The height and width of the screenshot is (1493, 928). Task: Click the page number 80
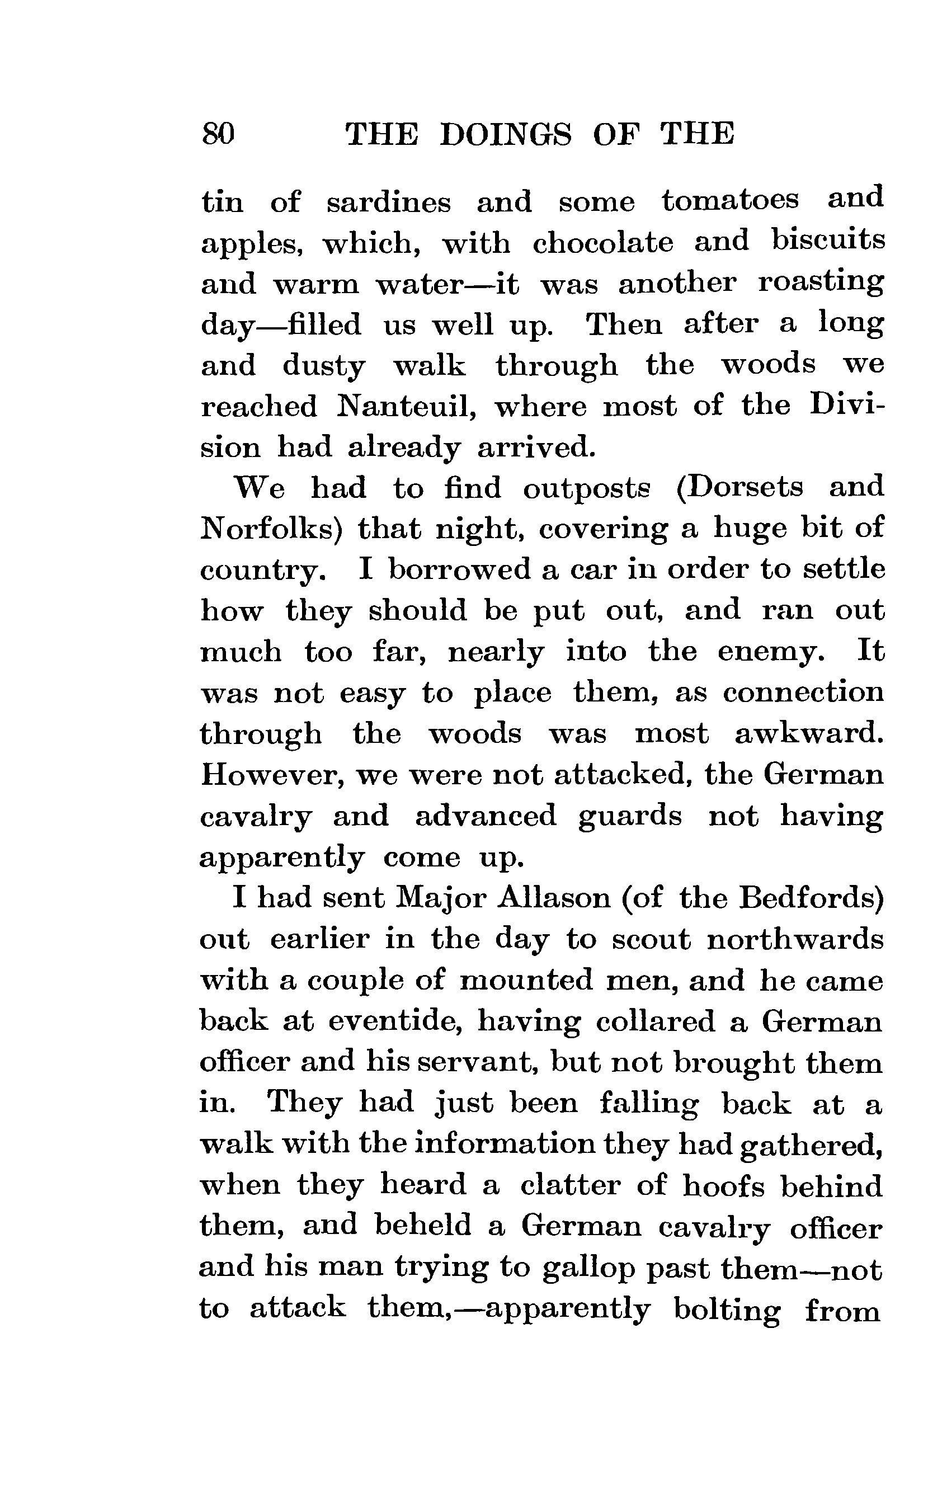click(218, 134)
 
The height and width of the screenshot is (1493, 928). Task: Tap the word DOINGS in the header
click(506, 134)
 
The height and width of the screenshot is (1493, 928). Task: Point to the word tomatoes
click(731, 201)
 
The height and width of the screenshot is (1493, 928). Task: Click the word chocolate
click(602, 242)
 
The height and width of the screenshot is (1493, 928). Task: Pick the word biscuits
click(828, 240)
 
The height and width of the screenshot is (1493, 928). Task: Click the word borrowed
click(460, 569)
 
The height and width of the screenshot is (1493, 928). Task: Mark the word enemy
click(771, 652)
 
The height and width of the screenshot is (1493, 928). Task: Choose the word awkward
click(809, 734)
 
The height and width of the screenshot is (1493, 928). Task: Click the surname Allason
click(555, 898)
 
